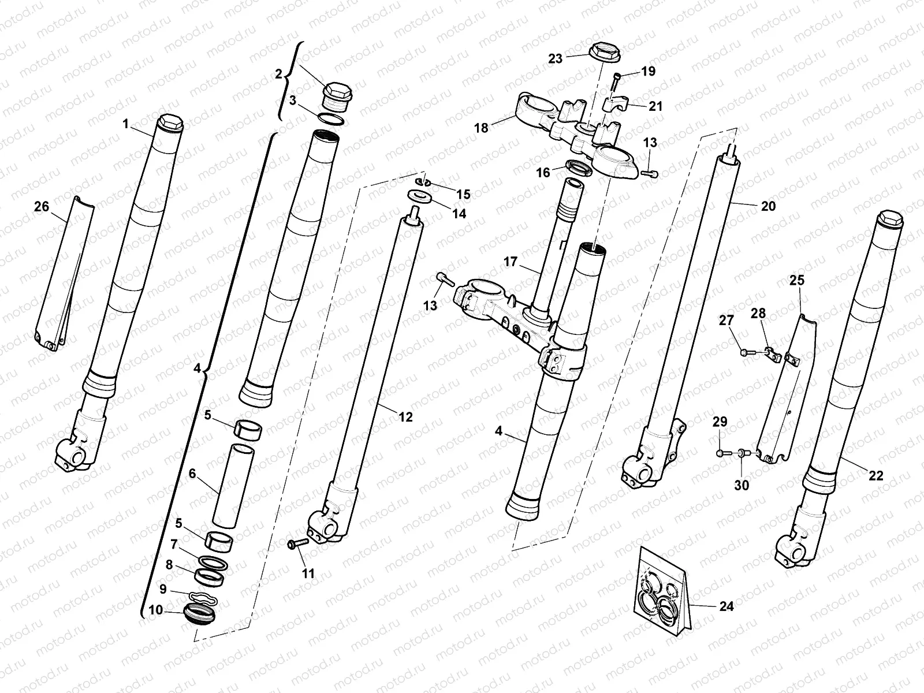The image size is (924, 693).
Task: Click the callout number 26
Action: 42,206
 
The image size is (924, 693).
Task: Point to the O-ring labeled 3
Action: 331,120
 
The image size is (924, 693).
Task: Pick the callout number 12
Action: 406,416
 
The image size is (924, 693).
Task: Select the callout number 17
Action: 510,262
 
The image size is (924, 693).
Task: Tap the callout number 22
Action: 876,475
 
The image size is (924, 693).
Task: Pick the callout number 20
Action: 768,206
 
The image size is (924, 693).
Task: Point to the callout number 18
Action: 481,128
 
